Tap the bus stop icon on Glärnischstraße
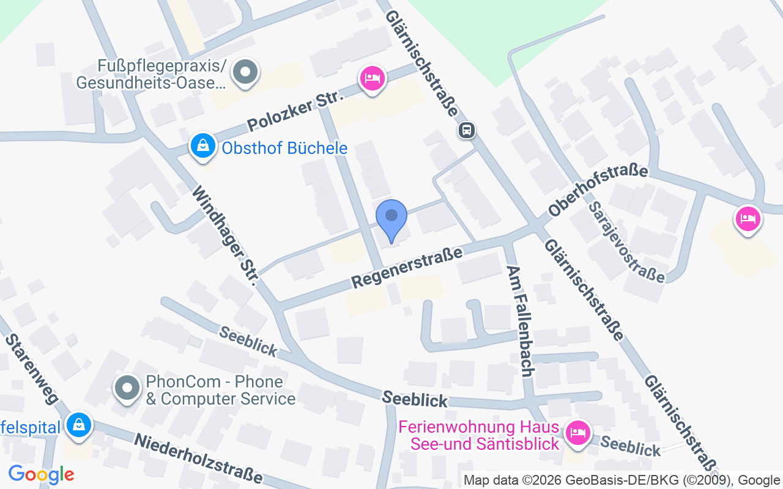467,130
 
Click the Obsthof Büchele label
284,148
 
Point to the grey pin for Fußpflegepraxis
246,72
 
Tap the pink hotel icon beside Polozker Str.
372,79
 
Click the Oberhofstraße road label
598,190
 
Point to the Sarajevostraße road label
626,242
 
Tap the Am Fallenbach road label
522,321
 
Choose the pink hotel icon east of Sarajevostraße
748,219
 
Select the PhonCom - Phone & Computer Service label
220,391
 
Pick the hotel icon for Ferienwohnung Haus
577,433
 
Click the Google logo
41,474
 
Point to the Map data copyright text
622,480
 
